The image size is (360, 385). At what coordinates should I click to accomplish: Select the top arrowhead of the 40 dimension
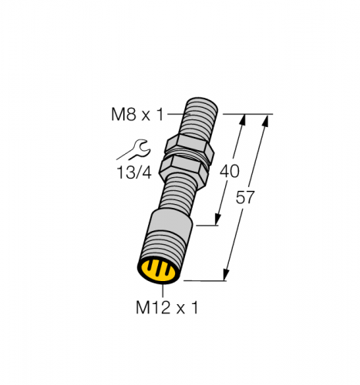click(244, 119)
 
